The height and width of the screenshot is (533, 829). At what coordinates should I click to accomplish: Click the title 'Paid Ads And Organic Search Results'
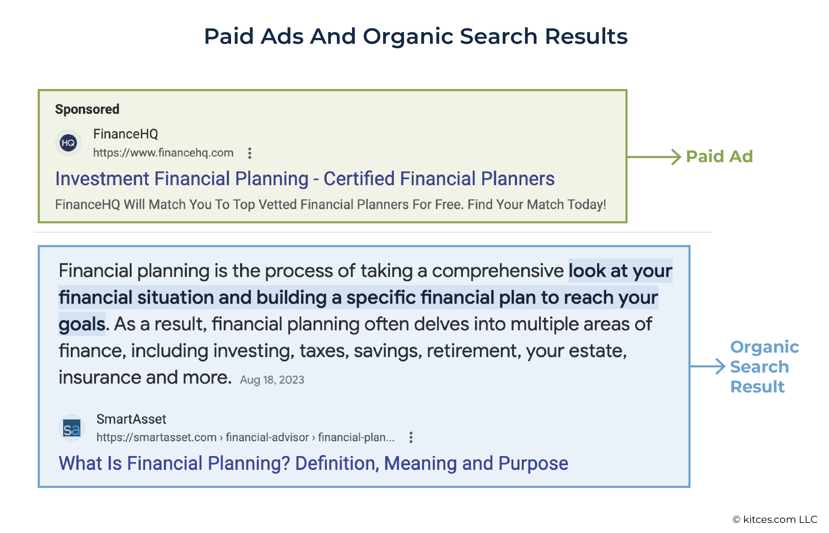(415, 36)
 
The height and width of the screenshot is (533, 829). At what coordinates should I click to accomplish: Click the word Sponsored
(87, 109)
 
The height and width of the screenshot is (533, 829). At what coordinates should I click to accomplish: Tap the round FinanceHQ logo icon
(68, 142)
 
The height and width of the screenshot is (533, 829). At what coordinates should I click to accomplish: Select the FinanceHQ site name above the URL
(125, 134)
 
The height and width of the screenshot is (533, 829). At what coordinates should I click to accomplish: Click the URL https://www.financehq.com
(163, 153)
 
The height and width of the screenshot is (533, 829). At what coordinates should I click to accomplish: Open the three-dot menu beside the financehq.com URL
(249, 153)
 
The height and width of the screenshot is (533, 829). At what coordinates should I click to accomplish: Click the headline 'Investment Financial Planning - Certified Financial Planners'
(305, 179)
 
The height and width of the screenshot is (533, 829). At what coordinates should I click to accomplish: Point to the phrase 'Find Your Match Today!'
(537, 204)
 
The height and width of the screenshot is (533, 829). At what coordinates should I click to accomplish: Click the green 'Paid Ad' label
(719, 157)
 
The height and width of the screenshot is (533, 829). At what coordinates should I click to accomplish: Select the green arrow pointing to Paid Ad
(654, 157)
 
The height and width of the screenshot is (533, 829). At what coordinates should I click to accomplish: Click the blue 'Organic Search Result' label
(765, 367)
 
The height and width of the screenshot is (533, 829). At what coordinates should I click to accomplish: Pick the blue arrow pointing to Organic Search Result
(708, 366)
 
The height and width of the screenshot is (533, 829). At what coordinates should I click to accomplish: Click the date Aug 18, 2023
(272, 380)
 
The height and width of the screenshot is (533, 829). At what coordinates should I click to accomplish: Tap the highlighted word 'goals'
(82, 324)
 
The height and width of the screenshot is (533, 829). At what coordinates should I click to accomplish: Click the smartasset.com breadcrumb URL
(245, 437)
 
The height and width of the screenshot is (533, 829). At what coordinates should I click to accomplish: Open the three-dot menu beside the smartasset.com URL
(411, 437)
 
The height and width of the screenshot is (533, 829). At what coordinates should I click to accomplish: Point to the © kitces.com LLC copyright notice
(775, 519)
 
